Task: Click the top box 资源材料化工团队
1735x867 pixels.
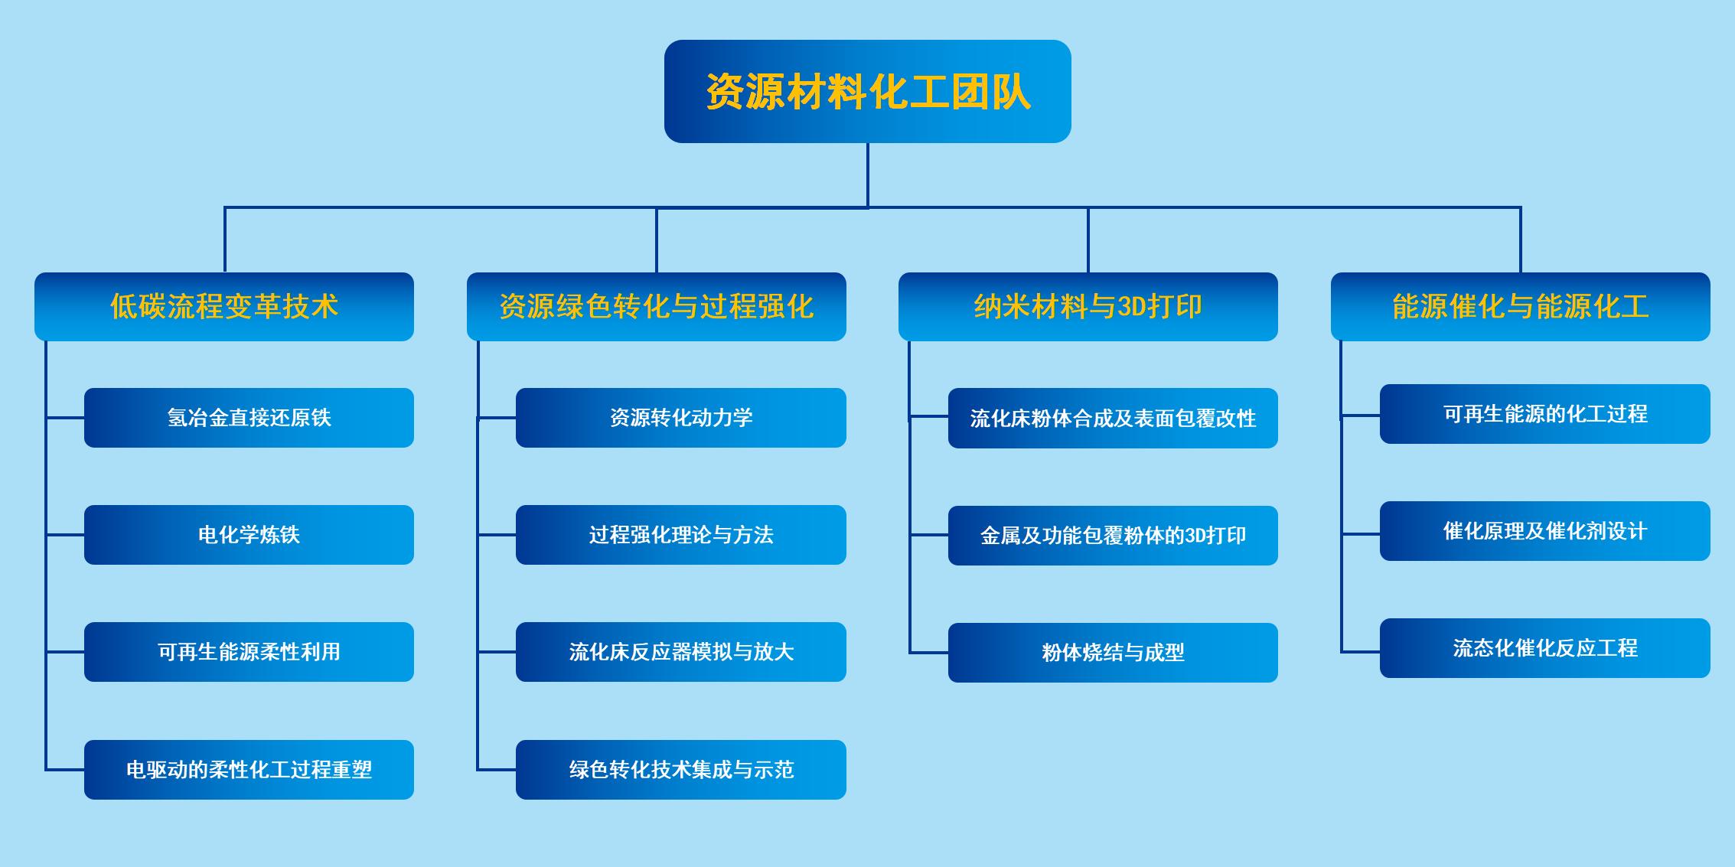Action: (x=867, y=91)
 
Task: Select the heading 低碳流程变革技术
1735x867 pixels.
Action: (x=224, y=306)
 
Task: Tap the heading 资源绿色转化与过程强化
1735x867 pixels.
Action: (x=657, y=306)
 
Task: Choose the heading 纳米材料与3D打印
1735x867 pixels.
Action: (x=1088, y=306)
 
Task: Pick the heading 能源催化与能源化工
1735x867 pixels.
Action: (x=1521, y=306)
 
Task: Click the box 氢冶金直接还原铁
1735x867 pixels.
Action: (x=249, y=418)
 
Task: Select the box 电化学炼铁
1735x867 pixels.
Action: (x=249, y=535)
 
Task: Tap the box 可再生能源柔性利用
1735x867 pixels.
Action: (x=249, y=652)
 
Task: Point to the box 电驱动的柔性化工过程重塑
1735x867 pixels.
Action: (x=249, y=770)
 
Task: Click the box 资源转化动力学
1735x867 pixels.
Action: (x=681, y=418)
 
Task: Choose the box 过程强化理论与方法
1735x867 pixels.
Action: (x=681, y=535)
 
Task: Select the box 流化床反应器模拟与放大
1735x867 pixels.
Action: (x=681, y=652)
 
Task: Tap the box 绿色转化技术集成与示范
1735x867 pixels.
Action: (x=681, y=770)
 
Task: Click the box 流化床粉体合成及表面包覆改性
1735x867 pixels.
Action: (x=1113, y=419)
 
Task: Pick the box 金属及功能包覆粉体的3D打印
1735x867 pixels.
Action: (x=1113, y=536)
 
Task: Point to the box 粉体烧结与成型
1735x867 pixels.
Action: (x=1113, y=653)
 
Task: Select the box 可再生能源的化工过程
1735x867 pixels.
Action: (x=1545, y=414)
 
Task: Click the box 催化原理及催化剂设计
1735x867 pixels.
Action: (x=1545, y=531)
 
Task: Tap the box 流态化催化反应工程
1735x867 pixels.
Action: (x=1545, y=648)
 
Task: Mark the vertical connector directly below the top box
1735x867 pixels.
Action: (x=868, y=175)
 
